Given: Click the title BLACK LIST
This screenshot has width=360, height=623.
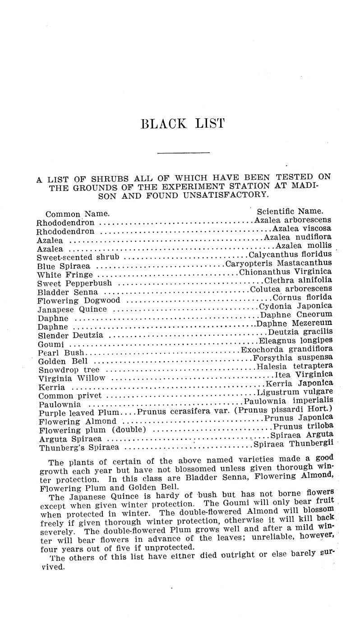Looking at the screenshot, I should (x=182, y=124).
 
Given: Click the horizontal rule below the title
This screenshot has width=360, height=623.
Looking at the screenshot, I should (x=183, y=154).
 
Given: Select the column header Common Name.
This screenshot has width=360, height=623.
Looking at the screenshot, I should (x=78, y=214).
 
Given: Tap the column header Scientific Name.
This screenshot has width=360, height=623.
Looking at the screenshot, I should (x=290, y=211).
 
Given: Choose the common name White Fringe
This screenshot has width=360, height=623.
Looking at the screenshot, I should (x=65, y=275).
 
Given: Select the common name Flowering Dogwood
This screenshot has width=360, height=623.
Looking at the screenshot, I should (x=79, y=301).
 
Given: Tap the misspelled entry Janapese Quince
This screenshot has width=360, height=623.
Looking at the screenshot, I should (x=72, y=310).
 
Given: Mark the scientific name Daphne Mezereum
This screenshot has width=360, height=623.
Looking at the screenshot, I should (x=294, y=323).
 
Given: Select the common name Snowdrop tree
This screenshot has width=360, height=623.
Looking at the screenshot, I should (x=69, y=370).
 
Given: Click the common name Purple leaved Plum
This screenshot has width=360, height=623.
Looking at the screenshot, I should (x=79, y=413).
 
